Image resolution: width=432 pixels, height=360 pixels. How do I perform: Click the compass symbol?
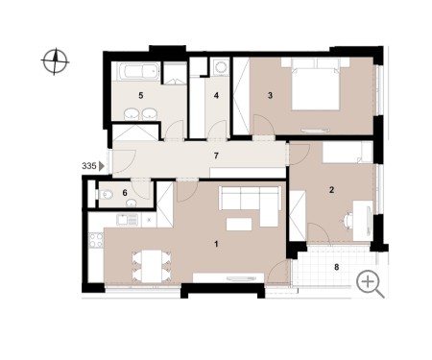pos(55,61)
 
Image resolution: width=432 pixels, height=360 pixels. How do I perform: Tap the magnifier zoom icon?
pos(370,284)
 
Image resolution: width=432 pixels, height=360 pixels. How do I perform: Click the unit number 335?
pos(89,166)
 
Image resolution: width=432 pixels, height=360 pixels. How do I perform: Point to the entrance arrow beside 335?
pos(102,166)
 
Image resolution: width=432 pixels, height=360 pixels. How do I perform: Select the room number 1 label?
pos(216,244)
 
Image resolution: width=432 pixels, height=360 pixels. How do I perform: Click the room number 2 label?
pos(331,190)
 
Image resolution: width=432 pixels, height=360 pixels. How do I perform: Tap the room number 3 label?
pos(270,95)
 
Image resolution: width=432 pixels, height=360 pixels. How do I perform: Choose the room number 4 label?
pos(216,95)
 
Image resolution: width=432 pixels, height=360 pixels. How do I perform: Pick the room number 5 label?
pos(141,95)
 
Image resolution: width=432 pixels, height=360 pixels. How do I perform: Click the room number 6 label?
pos(125,193)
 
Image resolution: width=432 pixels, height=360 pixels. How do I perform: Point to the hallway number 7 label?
pos(216,156)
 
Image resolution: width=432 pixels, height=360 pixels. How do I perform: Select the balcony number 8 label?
pos(336,267)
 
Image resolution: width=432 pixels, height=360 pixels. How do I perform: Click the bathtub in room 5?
pos(139,71)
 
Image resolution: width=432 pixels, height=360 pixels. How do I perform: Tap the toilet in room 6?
pos(105,194)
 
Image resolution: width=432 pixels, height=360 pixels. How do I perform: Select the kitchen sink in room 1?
pos(127,220)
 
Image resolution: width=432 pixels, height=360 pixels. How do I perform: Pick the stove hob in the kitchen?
pos(96,240)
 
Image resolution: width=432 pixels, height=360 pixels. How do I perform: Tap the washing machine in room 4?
pos(220,66)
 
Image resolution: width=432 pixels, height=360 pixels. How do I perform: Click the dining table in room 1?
pos(152,266)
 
